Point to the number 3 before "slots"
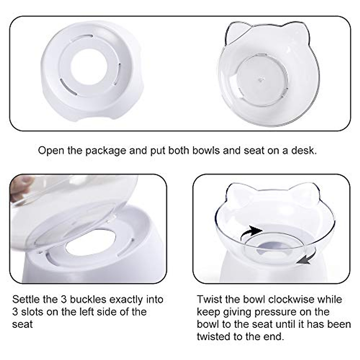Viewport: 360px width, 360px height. [15, 312]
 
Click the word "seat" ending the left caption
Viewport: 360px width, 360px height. [22, 324]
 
